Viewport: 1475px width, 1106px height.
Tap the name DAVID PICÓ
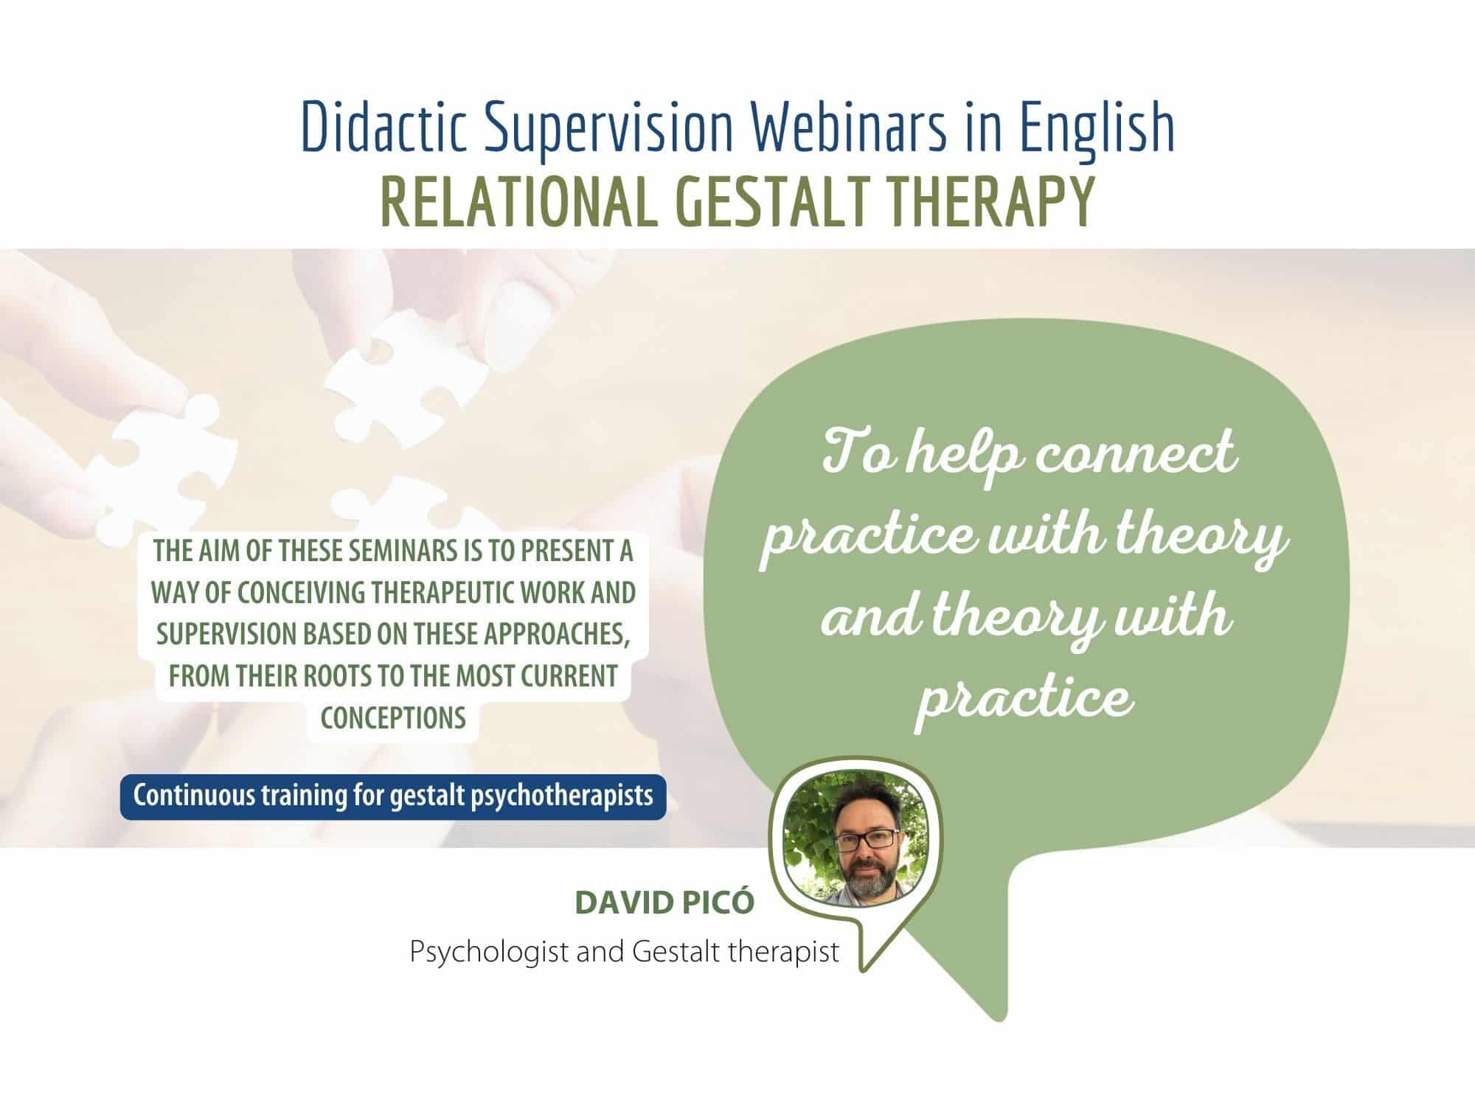point(664,904)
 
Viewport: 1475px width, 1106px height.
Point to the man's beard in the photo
point(865,877)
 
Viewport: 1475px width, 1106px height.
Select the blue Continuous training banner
point(393,796)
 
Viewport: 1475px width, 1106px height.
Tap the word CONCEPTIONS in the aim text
point(393,717)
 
